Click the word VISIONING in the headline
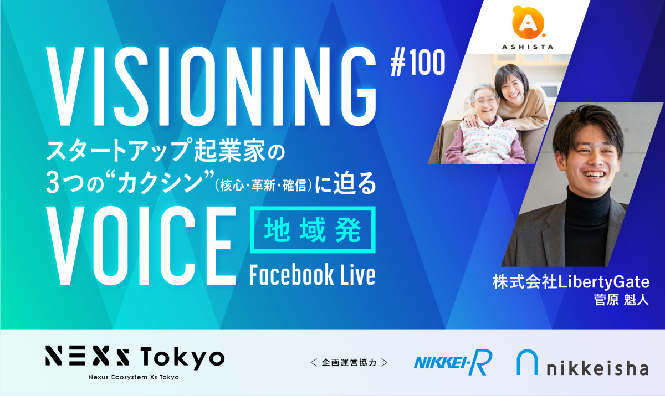[x=211, y=86]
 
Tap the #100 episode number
[x=418, y=63]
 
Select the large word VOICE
[x=141, y=245]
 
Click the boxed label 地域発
[x=313, y=230]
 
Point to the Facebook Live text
[x=313, y=275]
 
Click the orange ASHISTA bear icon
[x=529, y=23]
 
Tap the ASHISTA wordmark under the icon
[x=528, y=47]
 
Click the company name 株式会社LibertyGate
[x=571, y=282]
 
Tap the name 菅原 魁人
[x=621, y=300]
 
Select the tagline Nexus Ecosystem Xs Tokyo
[x=134, y=377]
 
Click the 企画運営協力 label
[x=349, y=362]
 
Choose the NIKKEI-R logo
[x=453, y=362]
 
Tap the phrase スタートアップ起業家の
[x=165, y=151]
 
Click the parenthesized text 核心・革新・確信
[x=264, y=186]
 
